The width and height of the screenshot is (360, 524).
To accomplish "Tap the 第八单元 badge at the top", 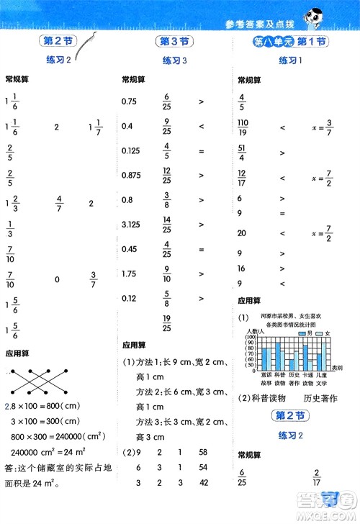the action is click(x=264, y=42).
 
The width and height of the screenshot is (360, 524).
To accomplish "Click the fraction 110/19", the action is click(x=243, y=128).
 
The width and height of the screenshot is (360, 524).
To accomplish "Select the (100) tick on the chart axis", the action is click(x=251, y=335).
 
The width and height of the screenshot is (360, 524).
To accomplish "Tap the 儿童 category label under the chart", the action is click(x=320, y=375).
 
